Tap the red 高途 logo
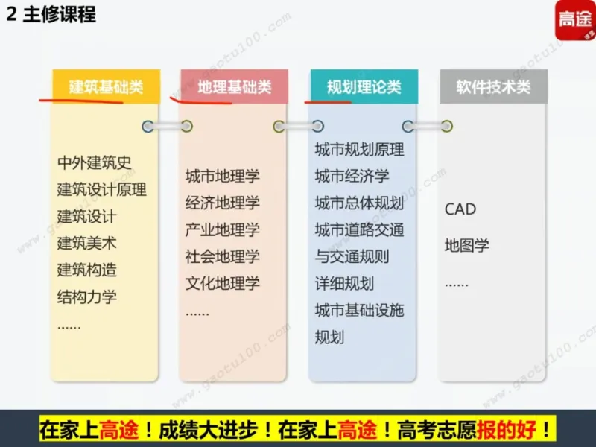(574, 21)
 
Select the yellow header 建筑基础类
(106, 86)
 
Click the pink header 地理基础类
(234, 86)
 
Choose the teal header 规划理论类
(364, 86)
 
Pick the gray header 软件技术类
(493, 86)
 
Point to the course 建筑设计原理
(101, 189)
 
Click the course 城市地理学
(222, 177)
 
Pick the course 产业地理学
(222, 230)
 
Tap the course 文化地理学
(222, 283)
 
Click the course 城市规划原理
(359, 150)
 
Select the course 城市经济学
(352, 177)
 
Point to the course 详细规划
(344, 284)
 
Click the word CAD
(460, 209)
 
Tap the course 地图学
(466, 245)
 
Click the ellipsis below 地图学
(456, 284)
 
